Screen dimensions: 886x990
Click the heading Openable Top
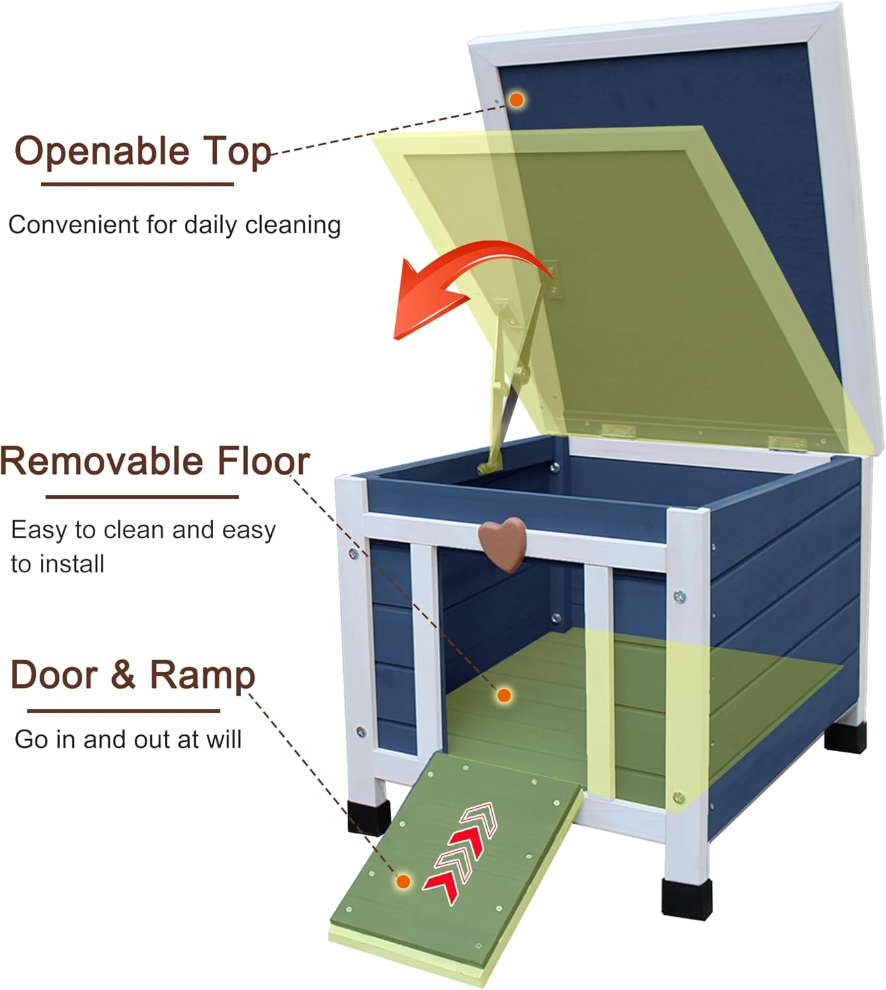coord(143,152)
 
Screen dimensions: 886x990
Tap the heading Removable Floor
coord(155,461)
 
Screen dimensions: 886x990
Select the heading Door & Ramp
coord(133,675)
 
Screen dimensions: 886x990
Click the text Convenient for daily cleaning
coord(174,225)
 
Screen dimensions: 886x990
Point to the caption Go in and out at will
coord(128,739)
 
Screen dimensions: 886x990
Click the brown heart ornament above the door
coord(503,543)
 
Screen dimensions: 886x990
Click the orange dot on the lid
coord(517,100)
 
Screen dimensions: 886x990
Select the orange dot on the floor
coord(503,695)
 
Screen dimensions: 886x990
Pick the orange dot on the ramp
coord(403,882)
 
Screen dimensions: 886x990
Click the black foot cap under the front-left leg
coord(369,817)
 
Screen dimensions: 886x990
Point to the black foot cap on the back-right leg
coord(845,737)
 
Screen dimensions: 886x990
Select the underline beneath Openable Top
coord(137,184)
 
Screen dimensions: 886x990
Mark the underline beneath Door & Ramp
coord(123,711)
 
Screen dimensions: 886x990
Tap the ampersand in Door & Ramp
coord(123,675)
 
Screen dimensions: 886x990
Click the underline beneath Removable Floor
coord(142,497)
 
